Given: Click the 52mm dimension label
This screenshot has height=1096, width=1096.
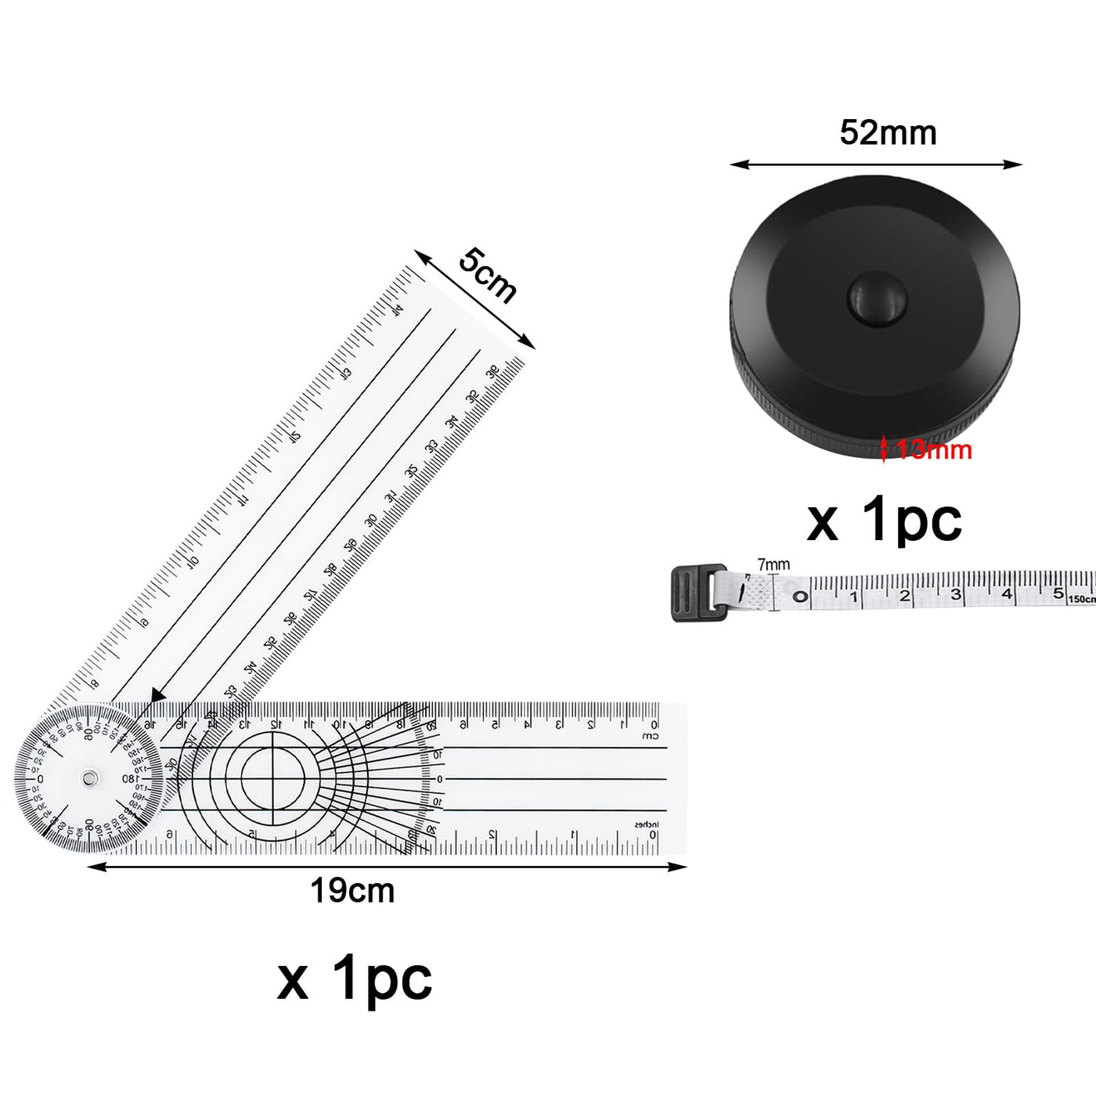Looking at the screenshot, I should click(x=888, y=133).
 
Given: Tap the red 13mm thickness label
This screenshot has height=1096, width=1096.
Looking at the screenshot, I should click(x=934, y=450).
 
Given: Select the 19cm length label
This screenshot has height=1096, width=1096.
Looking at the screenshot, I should click(x=352, y=891).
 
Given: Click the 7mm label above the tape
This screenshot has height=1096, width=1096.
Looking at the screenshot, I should click(x=773, y=564).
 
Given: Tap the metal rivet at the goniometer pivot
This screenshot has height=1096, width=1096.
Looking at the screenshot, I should click(x=90, y=778).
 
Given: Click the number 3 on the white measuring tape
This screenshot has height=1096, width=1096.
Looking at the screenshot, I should click(x=956, y=595).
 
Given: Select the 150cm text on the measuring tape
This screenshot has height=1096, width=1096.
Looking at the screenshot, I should click(x=1083, y=599).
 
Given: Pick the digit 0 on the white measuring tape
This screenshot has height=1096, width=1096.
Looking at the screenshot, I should click(x=800, y=597).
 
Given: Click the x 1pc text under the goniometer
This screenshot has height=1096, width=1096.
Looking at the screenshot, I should click(x=354, y=979).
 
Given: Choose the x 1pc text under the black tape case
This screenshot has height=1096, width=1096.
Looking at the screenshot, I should click(x=884, y=520).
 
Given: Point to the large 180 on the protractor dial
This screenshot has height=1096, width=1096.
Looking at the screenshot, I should click(x=130, y=779).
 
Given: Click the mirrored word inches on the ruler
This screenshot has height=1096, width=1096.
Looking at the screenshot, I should click(x=647, y=824).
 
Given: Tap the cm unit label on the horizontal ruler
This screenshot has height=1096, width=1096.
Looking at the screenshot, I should click(x=651, y=737).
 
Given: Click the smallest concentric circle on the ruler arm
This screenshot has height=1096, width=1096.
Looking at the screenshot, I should click(x=272, y=776).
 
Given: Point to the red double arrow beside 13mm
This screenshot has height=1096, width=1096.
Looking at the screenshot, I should click(x=885, y=449).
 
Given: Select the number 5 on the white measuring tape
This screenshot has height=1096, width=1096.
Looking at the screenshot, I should click(x=1058, y=593).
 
